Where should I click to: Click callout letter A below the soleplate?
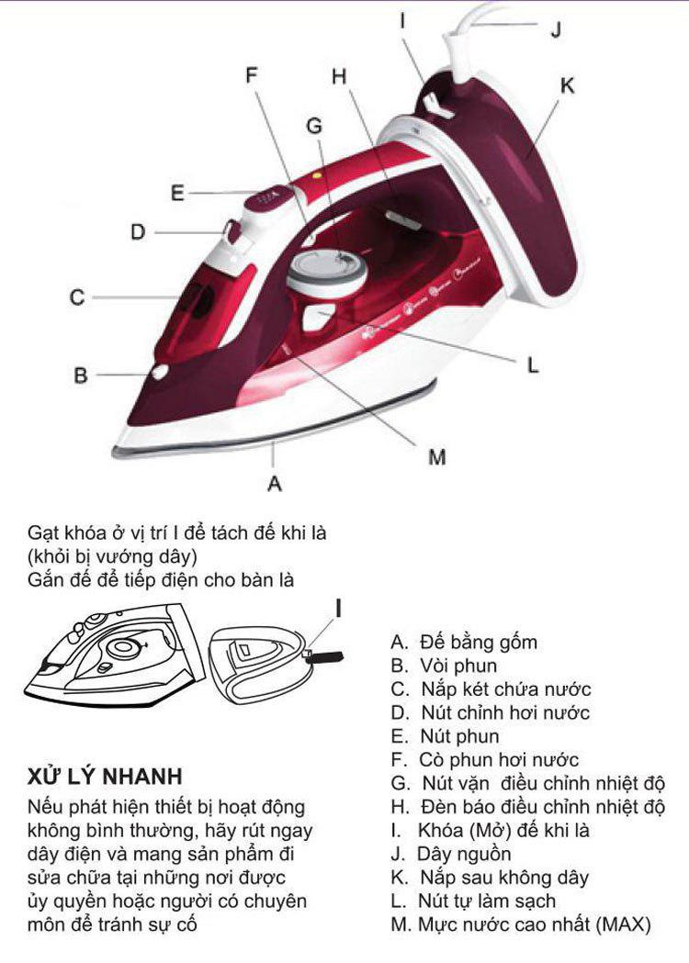pos(274,480)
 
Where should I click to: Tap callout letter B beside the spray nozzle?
pos(81,375)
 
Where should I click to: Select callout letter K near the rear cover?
pos(567,85)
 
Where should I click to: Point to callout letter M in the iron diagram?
pos(437,456)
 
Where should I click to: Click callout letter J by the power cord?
pos(555,29)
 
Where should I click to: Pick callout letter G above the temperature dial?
pos(315,127)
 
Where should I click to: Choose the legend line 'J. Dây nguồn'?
pos(452,854)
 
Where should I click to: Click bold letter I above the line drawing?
pos(341,608)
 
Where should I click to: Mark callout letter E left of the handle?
pos(178,193)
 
